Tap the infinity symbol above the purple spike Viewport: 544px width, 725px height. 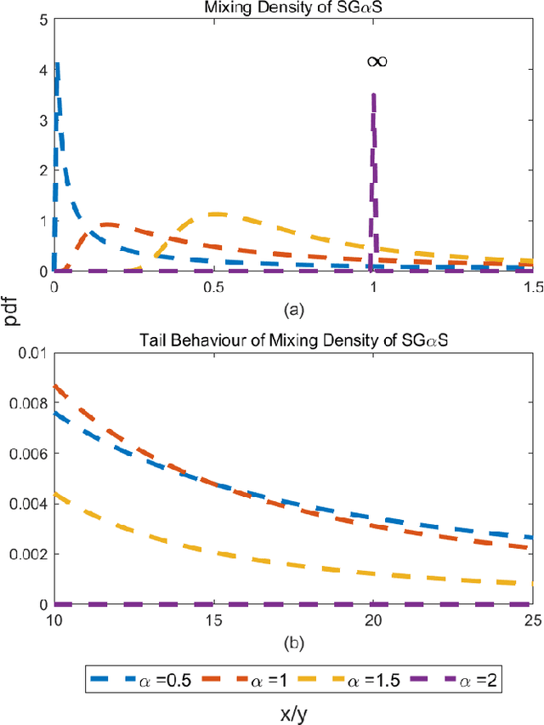tap(377, 61)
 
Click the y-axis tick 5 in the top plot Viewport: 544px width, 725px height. tap(42, 19)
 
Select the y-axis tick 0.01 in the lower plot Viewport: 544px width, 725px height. tap(31, 353)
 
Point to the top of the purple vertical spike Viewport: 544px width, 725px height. tap(373, 95)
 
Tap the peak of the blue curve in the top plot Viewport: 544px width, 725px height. tap(57, 65)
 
